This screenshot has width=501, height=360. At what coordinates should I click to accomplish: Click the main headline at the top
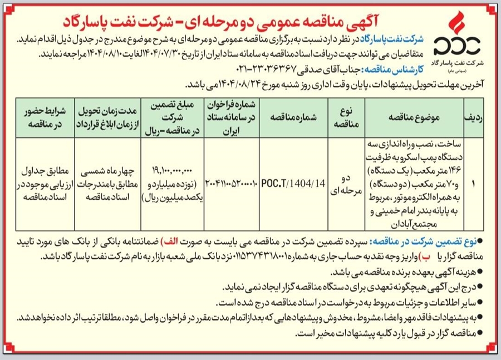[250, 18]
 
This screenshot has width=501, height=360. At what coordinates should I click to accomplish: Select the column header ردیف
[473, 119]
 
